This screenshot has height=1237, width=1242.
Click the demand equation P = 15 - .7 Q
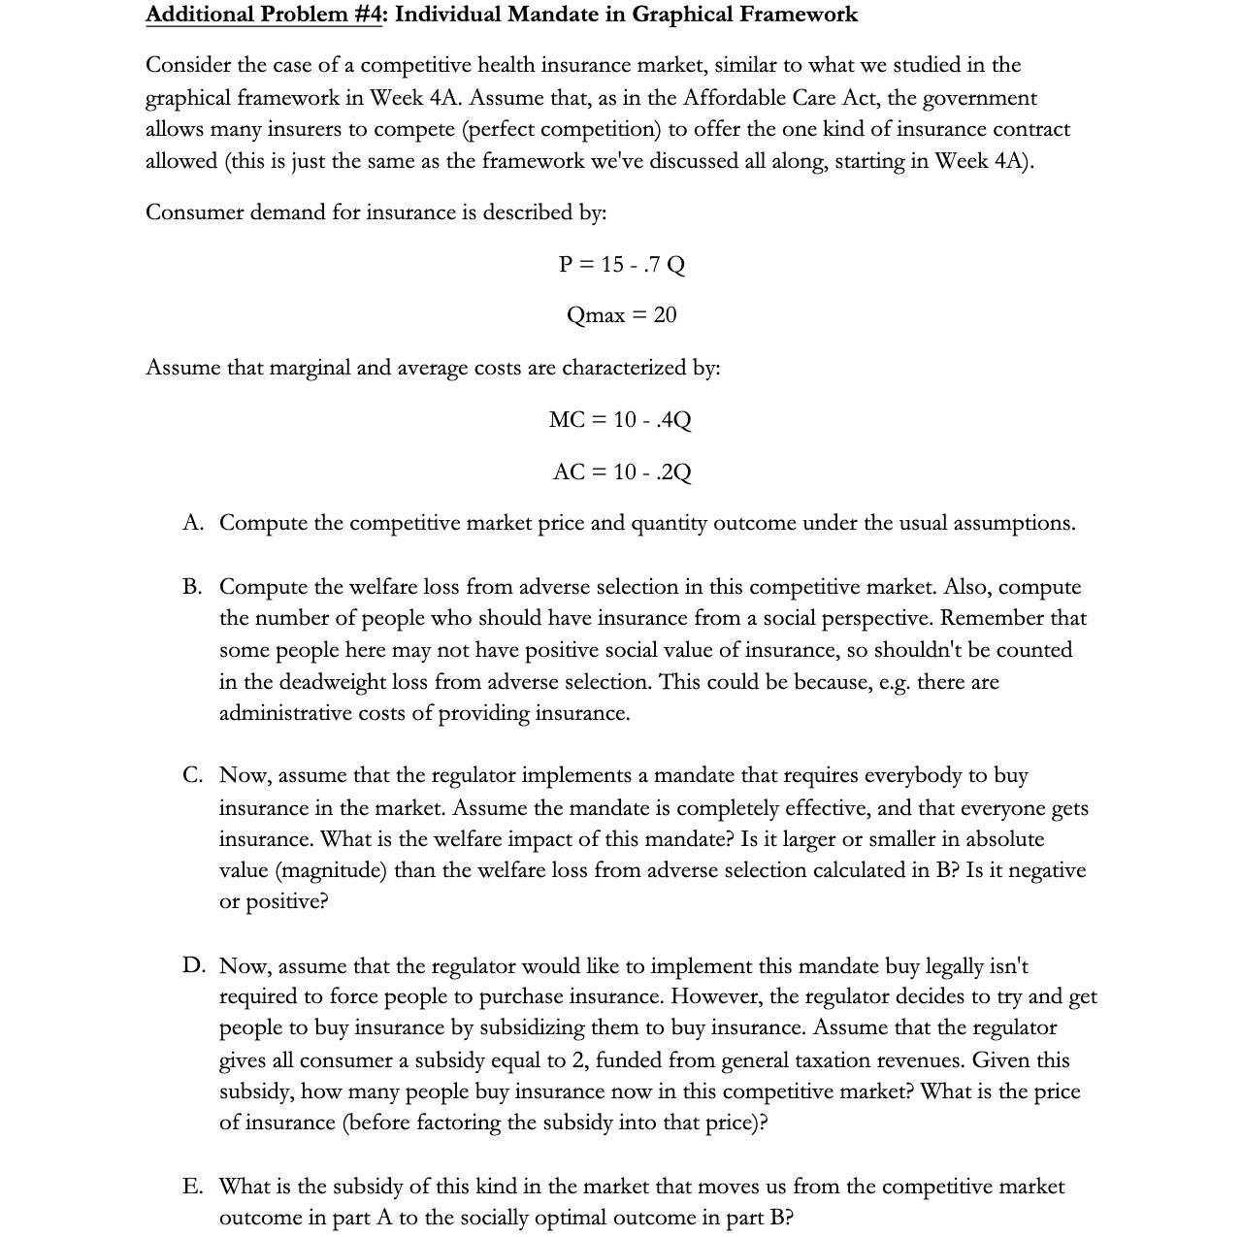621,265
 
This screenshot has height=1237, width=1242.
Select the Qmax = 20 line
621,315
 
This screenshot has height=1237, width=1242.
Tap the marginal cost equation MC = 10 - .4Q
620,420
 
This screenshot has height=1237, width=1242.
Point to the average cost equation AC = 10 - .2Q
621,472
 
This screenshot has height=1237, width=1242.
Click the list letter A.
192,523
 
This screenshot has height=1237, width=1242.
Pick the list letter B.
192,587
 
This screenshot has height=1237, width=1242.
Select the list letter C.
192,775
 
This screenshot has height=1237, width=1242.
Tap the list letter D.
193,966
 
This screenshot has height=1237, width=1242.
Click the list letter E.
192,1187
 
